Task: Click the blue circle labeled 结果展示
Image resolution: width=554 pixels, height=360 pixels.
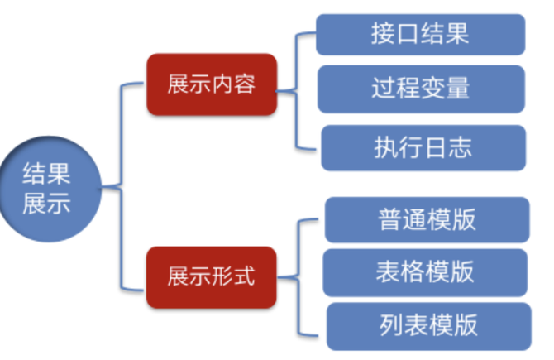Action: [50, 189]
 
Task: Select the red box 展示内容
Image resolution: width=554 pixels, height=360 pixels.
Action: [212, 84]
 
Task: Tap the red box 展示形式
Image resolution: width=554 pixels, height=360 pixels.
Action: [212, 277]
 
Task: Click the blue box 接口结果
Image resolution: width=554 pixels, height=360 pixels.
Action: [420, 34]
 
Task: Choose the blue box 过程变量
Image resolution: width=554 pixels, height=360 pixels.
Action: [421, 89]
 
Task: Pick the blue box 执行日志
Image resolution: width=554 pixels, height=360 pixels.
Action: [423, 147]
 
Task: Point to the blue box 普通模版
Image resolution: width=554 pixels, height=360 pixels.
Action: [427, 219]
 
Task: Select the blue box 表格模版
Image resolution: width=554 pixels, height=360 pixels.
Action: [425, 272]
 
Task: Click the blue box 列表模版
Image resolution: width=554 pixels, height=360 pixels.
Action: [429, 326]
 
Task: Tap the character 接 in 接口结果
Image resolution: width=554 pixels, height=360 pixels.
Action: [383, 34]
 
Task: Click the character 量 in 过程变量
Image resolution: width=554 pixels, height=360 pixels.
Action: [458, 88]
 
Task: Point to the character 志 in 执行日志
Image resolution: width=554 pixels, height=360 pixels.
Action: [461, 147]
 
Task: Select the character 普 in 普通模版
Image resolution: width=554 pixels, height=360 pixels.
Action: [389, 219]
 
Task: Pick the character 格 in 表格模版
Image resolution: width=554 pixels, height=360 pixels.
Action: [413, 272]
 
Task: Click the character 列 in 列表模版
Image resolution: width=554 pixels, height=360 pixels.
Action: [391, 325]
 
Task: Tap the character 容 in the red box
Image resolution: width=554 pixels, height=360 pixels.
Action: [245, 84]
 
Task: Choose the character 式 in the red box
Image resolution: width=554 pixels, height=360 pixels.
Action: [244, 276]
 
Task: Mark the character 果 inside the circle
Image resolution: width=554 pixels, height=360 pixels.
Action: [59, 174]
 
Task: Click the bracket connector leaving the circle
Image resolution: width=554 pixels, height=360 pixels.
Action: [122, 187]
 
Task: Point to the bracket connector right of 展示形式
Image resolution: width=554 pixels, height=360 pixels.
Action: [298, 277]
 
